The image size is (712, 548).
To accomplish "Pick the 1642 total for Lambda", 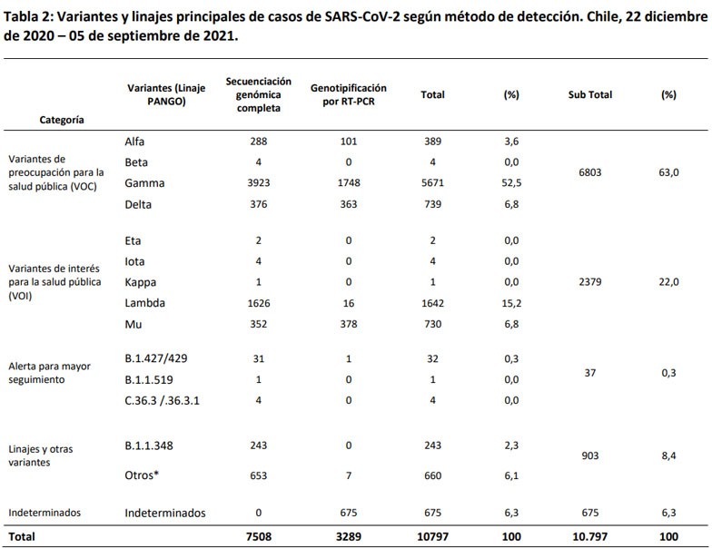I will [x=432, y=304].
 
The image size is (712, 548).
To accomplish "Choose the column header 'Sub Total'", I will [x=589, y=94].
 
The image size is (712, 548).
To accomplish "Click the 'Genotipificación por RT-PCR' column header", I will [x=348, y=94].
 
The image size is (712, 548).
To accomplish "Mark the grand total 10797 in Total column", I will [x=432, y=536].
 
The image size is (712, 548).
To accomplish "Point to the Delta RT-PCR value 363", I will [x=348, y=204].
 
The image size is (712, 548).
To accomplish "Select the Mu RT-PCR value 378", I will [x=348, y=325].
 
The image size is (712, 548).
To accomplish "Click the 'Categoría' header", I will [x=63, y=119].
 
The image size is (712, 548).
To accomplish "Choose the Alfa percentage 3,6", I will [x=510, y=142].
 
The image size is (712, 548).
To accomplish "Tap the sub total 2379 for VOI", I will [x=589, y=282].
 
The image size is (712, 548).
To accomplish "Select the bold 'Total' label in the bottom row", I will [x=22, y=536].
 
